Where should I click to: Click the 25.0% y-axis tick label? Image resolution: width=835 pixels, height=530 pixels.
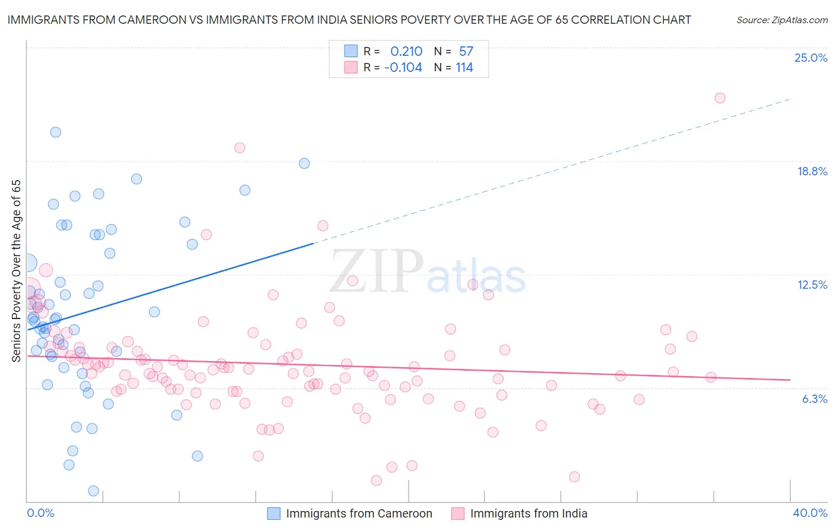[811, 58]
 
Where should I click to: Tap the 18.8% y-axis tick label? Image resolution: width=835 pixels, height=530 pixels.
[812, 171]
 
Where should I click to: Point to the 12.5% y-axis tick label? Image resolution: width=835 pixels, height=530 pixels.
[812, 285]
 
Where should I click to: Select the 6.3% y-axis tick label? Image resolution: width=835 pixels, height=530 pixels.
[814, 399]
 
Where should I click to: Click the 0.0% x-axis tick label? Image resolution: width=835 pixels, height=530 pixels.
[40, 513]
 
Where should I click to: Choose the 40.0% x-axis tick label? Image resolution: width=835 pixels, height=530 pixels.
[809, 513]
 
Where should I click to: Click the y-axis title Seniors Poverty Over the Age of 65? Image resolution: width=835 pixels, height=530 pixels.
[17, 270]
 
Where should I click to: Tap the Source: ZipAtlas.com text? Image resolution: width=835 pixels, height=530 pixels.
[782, 20]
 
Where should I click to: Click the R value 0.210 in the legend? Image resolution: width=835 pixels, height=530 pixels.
[406, 52]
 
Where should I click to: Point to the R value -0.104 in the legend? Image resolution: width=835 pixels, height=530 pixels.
[403, 68]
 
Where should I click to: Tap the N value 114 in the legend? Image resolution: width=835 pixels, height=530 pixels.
[464, 68]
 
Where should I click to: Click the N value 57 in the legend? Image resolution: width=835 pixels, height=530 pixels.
[466, 52]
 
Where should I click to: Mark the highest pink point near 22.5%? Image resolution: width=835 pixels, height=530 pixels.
[720, 98]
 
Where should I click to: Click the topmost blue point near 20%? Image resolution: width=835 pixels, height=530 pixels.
[56, 132]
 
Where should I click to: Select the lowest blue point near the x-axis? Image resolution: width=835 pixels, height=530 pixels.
[93, 491]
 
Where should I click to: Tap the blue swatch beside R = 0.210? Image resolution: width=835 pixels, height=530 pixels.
[351, 51]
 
